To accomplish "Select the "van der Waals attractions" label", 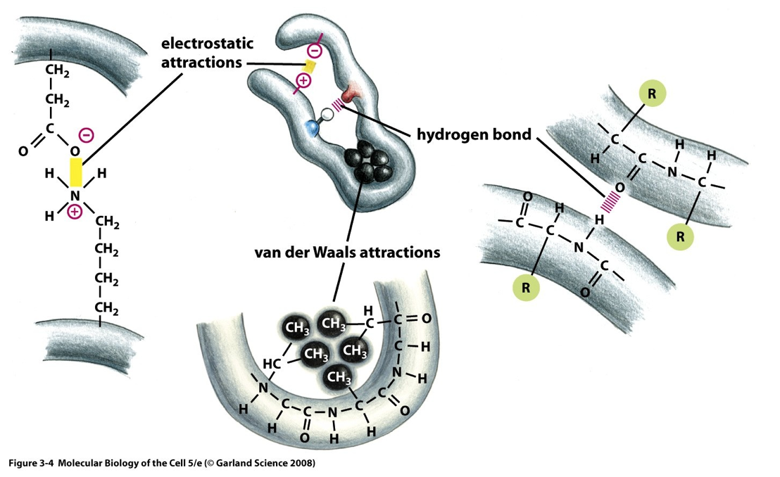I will (x=347, y=252).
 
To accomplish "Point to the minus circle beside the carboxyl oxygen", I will (x=85, y=134).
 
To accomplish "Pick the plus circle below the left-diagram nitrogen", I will (x=75, y=211).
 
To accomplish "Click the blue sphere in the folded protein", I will (x=311, y=128).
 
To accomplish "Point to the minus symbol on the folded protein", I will (x=314, y=51).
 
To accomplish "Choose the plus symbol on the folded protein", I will (x=302, y=82).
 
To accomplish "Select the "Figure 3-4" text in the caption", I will (x=29, y=464).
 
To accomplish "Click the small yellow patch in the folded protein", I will (x=310, y=68).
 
